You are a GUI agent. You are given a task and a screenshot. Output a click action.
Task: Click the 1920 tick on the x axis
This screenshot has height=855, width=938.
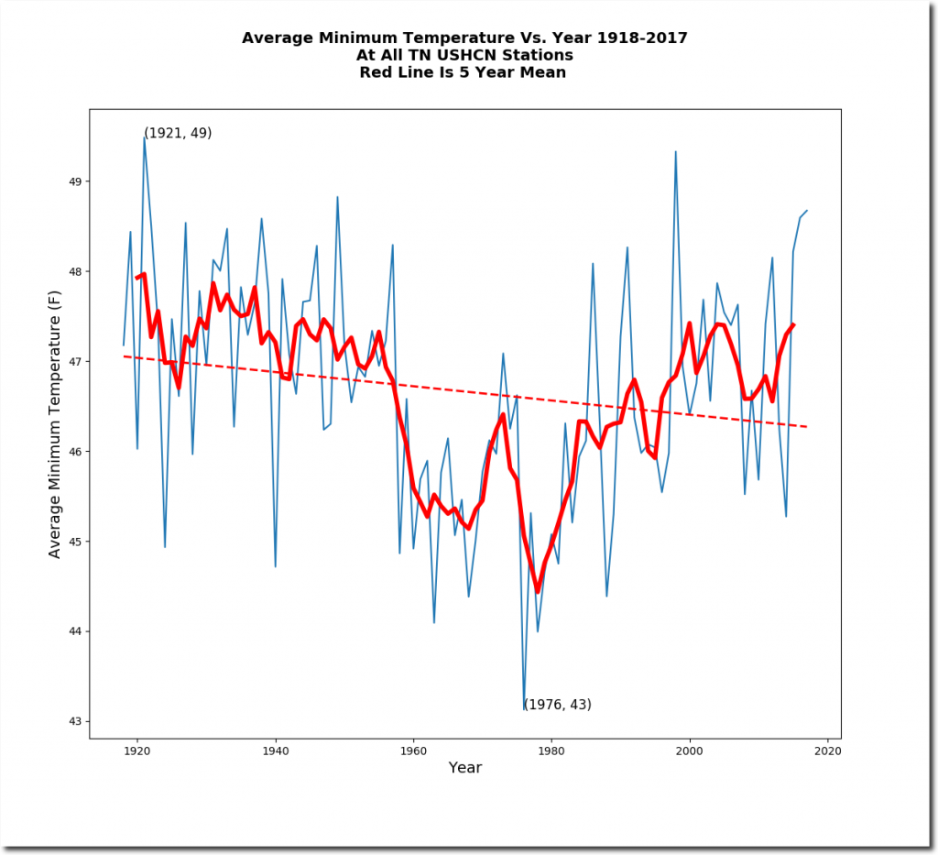[x=137, y=739]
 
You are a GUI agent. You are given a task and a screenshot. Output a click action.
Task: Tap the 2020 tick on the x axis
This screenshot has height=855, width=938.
[x=827, y=739]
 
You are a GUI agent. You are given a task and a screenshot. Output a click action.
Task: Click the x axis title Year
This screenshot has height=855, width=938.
[x=465, y=768]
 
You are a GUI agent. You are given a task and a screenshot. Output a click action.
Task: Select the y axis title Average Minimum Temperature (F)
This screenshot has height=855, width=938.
[x=55, y=424]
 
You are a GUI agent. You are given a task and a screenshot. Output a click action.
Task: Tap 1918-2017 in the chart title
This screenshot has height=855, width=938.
[x=640, y=38]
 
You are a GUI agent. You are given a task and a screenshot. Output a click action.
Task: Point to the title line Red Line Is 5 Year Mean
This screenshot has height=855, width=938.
[x=464, y=72]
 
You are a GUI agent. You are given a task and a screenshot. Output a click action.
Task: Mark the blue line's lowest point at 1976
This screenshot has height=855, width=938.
[x=524, y=708]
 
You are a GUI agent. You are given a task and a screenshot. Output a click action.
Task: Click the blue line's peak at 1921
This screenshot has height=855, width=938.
[x=144, y=137]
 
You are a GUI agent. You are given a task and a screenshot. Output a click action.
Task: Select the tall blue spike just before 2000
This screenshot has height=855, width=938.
[x=676, y=152]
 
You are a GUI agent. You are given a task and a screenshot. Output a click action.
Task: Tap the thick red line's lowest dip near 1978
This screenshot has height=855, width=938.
[x=538, y=591]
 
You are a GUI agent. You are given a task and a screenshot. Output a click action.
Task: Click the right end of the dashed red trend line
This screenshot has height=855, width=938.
[x=806, y=427]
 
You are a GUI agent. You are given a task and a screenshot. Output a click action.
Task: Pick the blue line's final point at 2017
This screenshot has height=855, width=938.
[x=806, y=211]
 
